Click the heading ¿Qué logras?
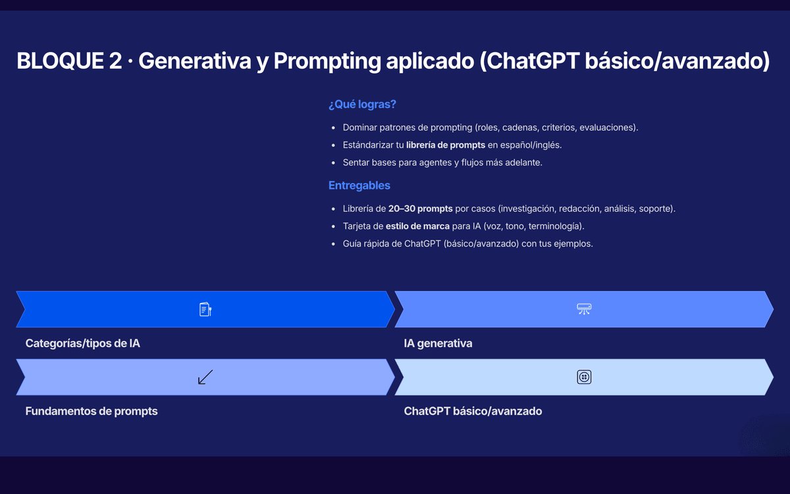coord(362,105)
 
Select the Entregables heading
coord(359,185)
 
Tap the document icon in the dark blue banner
coord(205,309)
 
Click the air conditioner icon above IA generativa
coord(584,309)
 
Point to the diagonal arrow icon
coord(205,377)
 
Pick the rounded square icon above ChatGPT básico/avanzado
coord(584,377)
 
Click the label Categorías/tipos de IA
coord(82,343)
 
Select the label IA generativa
coord(438,343)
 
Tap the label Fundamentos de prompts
coord(92,411)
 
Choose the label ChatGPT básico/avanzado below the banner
coord(473,411)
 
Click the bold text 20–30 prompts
coord(421,209)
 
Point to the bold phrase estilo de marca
coord(417,226)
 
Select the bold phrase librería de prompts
coord(446,145)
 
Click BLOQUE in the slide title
coord(61,61)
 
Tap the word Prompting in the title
coord(327,61)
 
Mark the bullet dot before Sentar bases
coord(333,163)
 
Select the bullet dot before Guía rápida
coord(333,244)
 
